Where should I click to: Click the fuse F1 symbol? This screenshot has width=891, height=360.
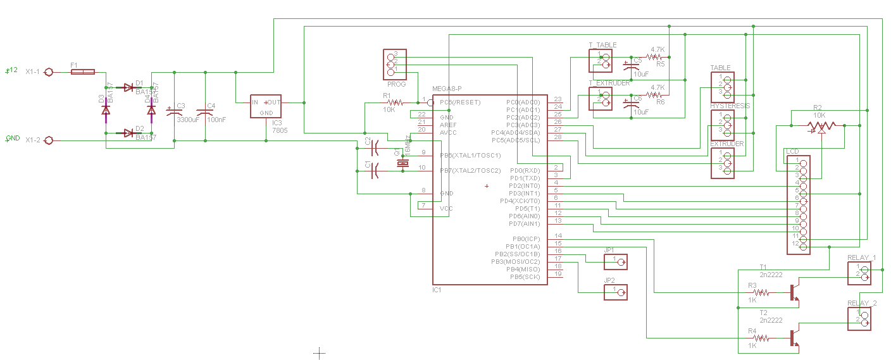(x=84, y=72)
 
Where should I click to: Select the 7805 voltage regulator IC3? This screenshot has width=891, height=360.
(x=266, y=108)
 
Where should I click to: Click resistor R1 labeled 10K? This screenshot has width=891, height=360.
(x=395, y=102)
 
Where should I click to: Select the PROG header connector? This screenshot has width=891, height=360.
(x=392, y=64)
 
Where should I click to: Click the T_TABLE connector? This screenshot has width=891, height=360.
(x=601, y=59)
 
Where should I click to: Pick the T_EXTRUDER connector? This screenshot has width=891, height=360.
(x=601, y=98)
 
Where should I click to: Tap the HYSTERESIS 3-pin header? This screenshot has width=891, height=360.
(x=722, y=125)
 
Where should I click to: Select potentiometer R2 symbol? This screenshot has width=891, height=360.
(x=821, y=127)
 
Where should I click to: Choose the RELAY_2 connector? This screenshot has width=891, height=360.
(x=859, y=318)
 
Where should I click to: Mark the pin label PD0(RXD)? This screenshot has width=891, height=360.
(x=523, y=170)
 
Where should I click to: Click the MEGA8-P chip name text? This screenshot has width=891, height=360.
(x=447, y=89)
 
